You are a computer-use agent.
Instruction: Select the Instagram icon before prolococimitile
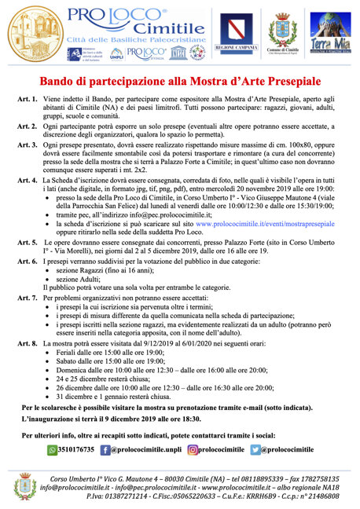193,449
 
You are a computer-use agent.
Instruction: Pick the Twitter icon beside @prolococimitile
255,449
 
